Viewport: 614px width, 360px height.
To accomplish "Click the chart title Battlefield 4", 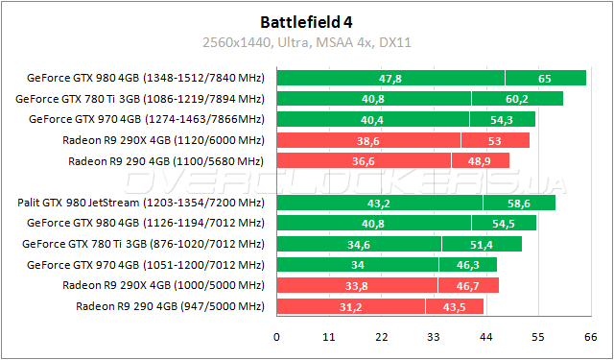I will click(307, 21).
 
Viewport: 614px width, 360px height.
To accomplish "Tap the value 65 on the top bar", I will click(544, 78).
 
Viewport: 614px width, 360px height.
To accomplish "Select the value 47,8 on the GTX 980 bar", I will click(390, 78).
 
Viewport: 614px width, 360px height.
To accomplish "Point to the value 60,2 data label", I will click(517, 99).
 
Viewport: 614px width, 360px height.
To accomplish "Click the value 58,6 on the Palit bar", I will click(519, 203).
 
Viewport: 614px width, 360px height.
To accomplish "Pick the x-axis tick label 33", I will click(434, 337).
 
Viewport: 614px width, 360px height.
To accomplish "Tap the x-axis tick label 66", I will click(590, 337).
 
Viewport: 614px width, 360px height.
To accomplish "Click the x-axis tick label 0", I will click(277, 337).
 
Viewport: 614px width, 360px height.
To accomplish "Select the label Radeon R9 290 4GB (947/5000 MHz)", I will click(170, 306).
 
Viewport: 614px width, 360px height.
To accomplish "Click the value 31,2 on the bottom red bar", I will click(350, 306).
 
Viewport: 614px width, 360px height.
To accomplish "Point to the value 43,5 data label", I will click(455, 306).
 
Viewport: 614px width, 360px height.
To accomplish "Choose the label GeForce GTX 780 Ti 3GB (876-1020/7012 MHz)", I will click(143, 244).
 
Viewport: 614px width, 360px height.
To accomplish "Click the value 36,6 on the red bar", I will click(363, 160).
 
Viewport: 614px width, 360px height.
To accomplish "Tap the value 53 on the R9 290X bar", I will click(494, 140).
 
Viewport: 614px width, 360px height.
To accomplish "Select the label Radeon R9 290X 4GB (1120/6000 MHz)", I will click(163, 140).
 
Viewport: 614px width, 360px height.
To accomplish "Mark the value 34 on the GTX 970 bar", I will click(357, 265).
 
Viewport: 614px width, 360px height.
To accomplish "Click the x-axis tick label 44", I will click(485, 337).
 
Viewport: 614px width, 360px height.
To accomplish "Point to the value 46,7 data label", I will click(468, 285).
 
